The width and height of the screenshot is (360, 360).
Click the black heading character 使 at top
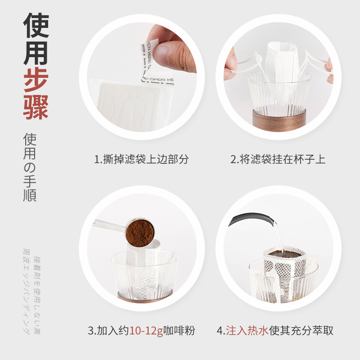(x=36, y=25)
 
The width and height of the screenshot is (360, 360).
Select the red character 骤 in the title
(x=36, y=107)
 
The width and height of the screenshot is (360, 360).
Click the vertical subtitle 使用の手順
(x=31, y=167)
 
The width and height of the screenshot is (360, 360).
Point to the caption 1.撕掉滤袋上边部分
(x=141, y=159)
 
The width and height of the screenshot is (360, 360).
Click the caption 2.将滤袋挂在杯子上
(x=278, y=159)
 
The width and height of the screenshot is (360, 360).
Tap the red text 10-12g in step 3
(x=145, y=331)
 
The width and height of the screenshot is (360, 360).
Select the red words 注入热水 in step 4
(x=247, y=331)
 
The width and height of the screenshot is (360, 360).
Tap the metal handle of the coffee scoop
(x=110, y=226)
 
